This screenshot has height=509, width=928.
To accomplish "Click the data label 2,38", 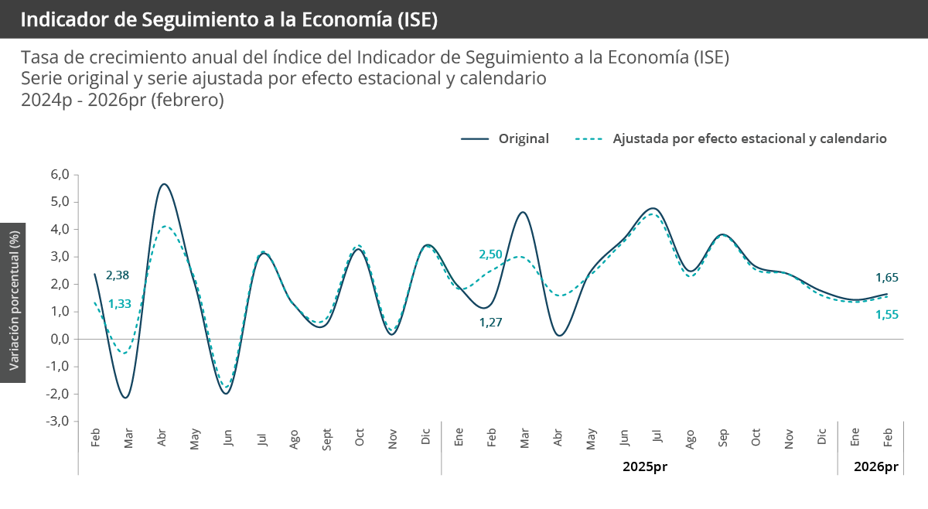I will coord(117,275).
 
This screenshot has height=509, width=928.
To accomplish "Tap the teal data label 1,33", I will coord(120,303).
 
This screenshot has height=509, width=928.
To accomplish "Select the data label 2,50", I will coord(491,254).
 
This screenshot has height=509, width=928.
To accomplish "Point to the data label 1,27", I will coord(491,323).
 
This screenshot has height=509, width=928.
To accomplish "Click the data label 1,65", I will coord(887,277).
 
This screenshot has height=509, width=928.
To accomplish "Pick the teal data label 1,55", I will coord(887,314).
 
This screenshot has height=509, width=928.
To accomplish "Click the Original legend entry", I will coord(524,138).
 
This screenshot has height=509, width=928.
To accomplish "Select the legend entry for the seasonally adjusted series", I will coord(749,138).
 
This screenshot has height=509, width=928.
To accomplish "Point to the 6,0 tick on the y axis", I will coord(60,175).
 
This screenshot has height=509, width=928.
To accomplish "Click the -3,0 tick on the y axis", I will coord(59,421).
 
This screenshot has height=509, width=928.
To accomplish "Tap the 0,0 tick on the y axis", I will coord(60,339).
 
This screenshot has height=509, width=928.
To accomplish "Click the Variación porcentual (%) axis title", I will coord(13,302).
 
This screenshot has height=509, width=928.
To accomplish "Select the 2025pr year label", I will coord(644,467).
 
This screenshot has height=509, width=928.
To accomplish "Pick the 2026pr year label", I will coord(875,467).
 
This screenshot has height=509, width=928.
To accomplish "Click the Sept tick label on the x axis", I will coord(328,439).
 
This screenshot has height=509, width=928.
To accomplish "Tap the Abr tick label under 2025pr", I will coord(558,439).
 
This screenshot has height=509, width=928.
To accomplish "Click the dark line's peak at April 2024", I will coord(164,184).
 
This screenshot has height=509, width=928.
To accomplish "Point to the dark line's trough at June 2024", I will coord(226,394).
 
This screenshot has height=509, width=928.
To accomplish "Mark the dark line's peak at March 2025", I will coord(524,212).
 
